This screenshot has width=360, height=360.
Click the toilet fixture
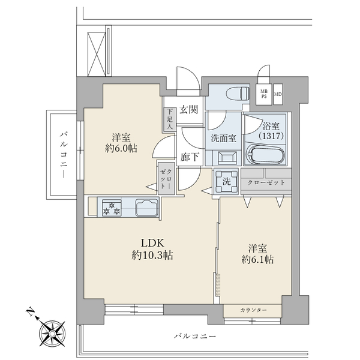pos(238,94)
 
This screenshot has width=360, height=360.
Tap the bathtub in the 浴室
pos(265,154)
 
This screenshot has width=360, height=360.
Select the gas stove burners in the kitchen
pos(112,208)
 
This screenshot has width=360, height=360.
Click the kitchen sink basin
pos(147,208)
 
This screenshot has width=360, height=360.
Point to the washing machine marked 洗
pos(226,181)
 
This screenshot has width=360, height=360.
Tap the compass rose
pos(52,333)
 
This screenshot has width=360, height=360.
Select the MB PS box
pos(264,94)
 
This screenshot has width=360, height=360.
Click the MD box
pos(278,94)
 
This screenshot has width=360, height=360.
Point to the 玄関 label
pos(188,110)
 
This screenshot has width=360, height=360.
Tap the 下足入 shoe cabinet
pos(170,119)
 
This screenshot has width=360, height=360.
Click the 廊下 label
pos(190,157)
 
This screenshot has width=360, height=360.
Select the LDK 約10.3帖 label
pos(152,249)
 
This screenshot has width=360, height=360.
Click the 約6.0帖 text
pos(121,149)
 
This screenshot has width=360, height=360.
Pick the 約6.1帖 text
pos(257,260)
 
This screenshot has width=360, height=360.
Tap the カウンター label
pos(254,310)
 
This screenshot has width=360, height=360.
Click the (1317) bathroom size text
pos(271,136)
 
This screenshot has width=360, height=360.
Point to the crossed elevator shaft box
pos(97,54)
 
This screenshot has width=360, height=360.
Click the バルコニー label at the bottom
pos(195,337)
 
